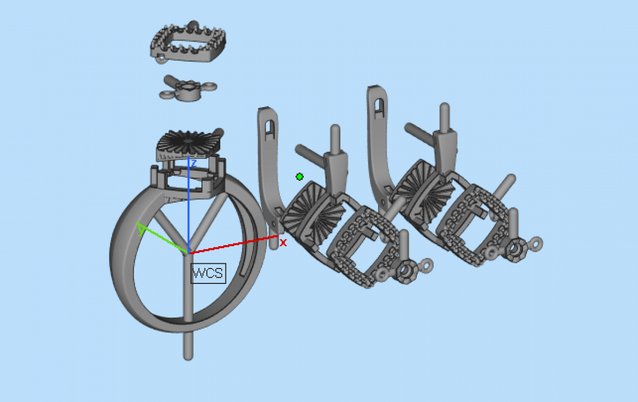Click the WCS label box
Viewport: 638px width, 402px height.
pyautogui.click(x=208, y=273)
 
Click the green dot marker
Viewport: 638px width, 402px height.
pyautogui.click(x=299, y=177)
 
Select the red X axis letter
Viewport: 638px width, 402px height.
pyautogui.click(x=283, y=242)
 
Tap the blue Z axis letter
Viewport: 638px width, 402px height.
pyautogui.click(x=194, y=163)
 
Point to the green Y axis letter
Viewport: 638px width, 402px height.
pyautogui.click(x=141, y=230)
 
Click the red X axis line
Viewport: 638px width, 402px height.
pyautogui.click(x=233, y=245)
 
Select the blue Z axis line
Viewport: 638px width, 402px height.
pyautogui.click(x=188, y=205)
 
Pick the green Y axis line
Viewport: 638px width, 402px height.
pyautogui.click(x=162, y=238)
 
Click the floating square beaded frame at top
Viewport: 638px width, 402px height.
pyautogui.click(x=188, y=43)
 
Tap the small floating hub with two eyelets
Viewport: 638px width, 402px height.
pyautogui.click(x=188, y=89)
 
